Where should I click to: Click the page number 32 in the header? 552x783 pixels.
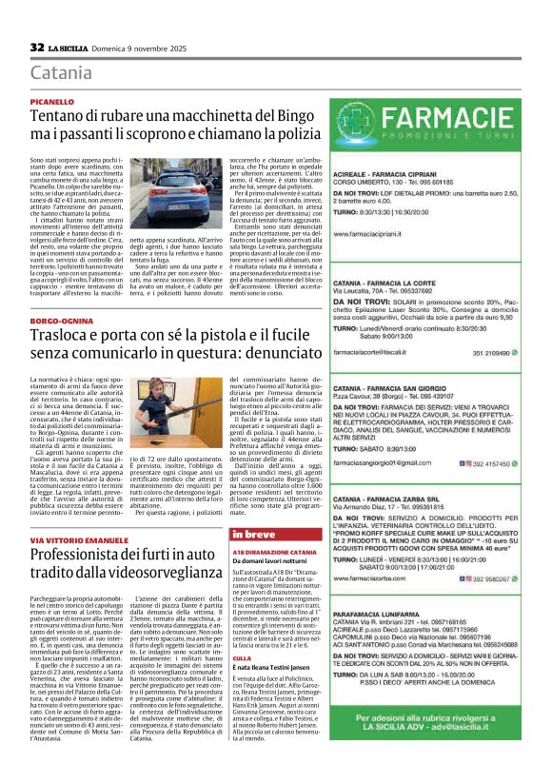38,47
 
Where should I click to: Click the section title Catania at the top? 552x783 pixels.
62,72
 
